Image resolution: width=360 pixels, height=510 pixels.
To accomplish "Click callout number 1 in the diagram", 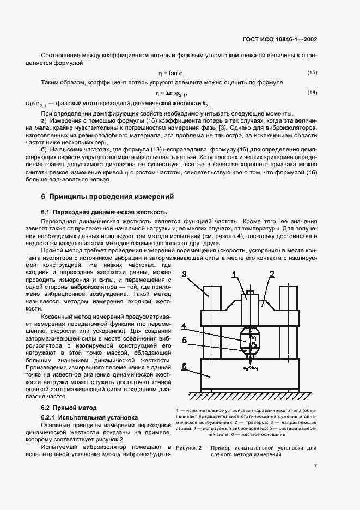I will [x=234, y=274].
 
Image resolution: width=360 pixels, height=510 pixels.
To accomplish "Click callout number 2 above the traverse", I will [x=271, y=274].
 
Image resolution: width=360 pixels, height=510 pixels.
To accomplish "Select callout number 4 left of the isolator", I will [x=185, y=327].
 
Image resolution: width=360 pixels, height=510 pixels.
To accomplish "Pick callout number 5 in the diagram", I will [x=185, y=341].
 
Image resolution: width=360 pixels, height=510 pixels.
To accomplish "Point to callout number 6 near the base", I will [x=185, y=367].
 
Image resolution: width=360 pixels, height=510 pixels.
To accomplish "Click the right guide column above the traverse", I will [x=288, y=297].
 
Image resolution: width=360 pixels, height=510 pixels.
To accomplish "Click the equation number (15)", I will [x=312, y=72].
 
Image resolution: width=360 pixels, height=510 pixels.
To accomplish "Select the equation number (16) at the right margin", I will [x=312, y=93].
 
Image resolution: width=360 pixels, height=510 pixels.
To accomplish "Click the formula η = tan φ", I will [x=171, y=73].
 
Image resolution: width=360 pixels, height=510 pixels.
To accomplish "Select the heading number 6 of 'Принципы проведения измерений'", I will [x=43, y=196].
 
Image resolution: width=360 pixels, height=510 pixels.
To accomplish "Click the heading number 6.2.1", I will [x=51, y=417].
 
